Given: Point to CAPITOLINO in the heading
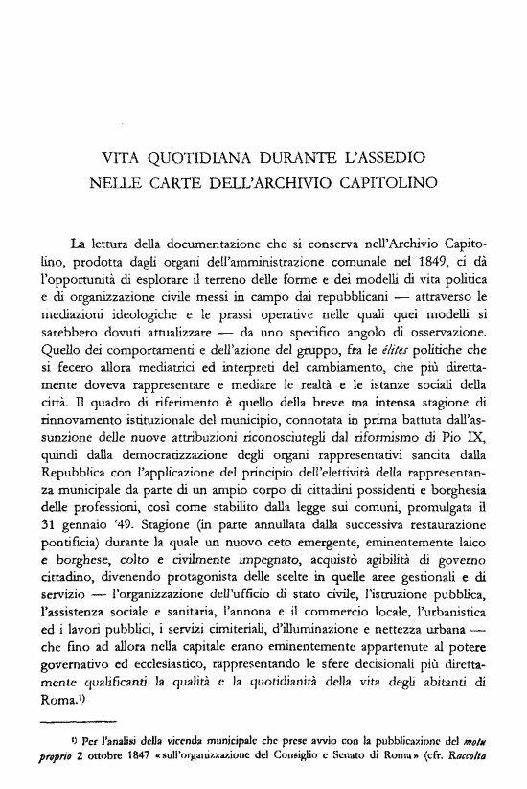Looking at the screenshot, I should click(380, 181).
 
